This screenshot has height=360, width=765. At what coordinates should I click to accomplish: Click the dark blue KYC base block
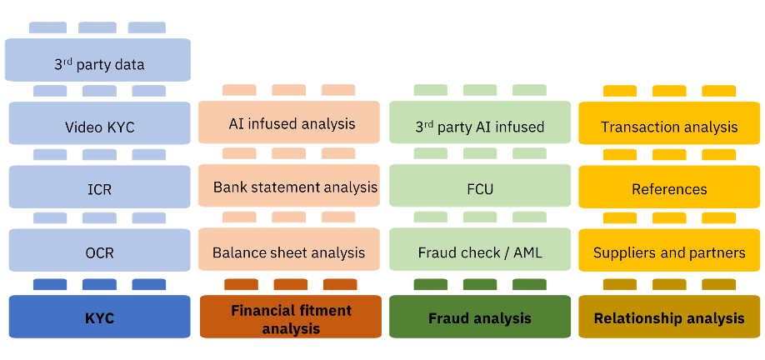coord(99,317)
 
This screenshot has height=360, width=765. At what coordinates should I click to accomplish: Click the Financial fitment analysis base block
coord(290,317)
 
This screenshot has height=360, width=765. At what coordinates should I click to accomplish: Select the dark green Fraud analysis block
coord(480,317)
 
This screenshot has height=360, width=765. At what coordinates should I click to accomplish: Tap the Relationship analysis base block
coord(670,317)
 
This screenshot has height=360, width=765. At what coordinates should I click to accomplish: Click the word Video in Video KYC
coord(83,128)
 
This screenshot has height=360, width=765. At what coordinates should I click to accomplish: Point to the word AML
coord(526,252)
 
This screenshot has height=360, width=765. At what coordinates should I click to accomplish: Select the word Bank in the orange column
coord(230,187)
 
